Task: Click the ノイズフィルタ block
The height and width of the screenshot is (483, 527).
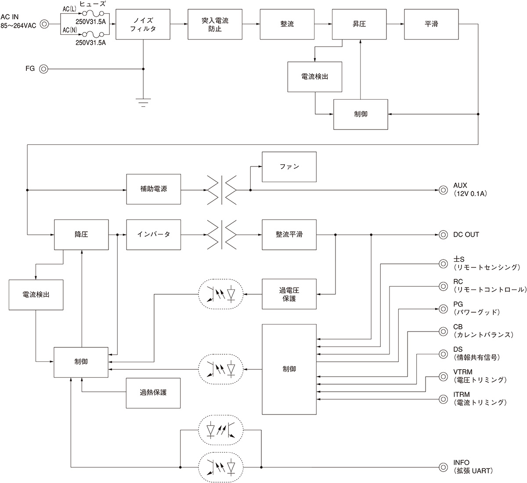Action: [x=143, y=24]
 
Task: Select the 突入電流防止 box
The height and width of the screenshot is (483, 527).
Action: [x=215, y=24]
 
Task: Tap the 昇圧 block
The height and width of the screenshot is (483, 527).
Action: [x=359, y=24]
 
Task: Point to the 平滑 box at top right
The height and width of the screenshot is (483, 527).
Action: [x=431, y=24]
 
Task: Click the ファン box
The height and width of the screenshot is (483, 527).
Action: [x=289, y=167]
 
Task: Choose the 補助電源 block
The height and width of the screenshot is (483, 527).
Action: [x=153, y=189]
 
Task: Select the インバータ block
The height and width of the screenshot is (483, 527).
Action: [x=153, y=234]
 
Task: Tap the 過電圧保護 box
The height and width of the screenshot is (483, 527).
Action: [x=289, y=294]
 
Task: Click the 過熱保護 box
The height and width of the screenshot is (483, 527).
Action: [x=153, y=393]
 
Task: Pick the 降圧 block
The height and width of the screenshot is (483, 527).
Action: [x=81, y=234]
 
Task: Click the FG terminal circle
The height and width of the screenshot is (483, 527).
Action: [x=43, y=69]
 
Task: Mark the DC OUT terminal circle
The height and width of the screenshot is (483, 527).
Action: [x=444, y=234]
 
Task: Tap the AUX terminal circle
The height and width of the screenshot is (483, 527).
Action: [x=444, y=190]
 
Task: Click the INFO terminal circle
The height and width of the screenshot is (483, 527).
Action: [x=444, y=467]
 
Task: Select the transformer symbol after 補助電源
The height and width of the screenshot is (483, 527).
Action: [x=222, y=190]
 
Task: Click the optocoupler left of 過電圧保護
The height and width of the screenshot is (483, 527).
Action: [x=221, y=294]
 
